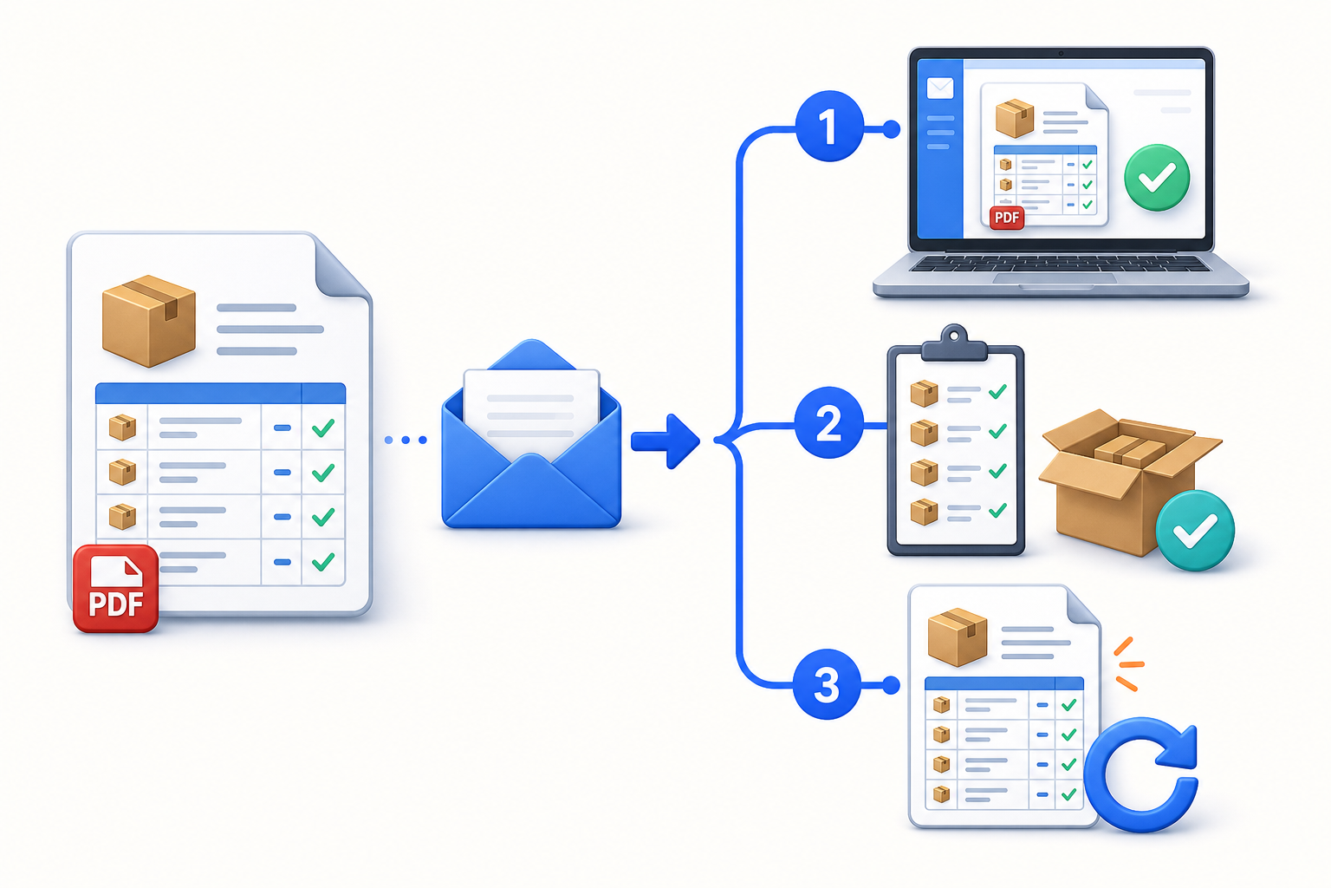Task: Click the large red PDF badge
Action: click(116, 588)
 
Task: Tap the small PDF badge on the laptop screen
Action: click(1007, 218)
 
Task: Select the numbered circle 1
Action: click(829, 126)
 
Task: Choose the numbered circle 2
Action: click(829, 423)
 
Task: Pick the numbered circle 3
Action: click(828, 684)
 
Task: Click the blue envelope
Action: click(531, 434)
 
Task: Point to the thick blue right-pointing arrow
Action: click(665, 441)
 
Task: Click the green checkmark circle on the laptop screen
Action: click(1157, 177)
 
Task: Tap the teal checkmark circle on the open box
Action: click(1195, 531)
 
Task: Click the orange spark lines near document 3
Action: click(1127, 664)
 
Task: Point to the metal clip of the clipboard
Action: click(954, 344)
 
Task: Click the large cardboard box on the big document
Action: click(149, 321)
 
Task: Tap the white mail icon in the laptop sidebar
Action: click(940, 88)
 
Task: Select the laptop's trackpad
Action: click(1055, 278)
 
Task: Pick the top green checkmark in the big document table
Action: click(323, 427)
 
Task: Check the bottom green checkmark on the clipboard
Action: click(997, 510)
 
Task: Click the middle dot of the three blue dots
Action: click(406, 441)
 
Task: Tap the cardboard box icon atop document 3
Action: click(958, 637)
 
